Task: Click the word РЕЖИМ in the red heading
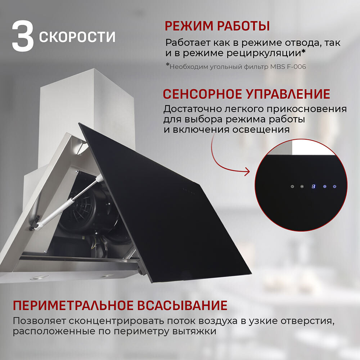(x=188, y=26)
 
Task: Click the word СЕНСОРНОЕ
(x=203, y=94)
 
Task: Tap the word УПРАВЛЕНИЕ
(x=288, y=94)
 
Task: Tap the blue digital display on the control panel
(x=314, y=186)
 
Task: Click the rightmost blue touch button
(x=335, y=186)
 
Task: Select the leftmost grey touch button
(x=292, y=186)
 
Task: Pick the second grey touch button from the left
(x=302, y=186)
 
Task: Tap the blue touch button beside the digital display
(x=325, y=186)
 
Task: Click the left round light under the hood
(x=40, y=277)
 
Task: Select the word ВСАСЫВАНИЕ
(x=183, y=305)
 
